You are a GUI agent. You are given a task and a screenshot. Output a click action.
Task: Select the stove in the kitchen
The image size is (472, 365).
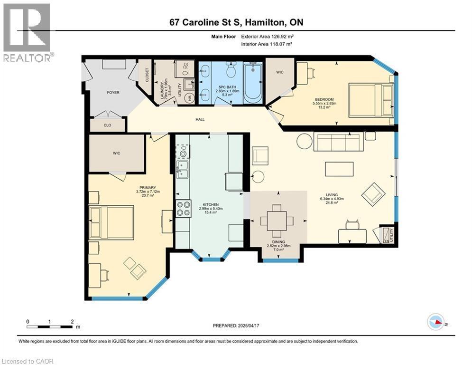pos(183,208)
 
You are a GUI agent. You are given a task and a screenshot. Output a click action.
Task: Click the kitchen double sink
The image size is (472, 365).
pos(182,167)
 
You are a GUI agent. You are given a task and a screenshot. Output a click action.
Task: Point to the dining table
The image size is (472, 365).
pos(277,221)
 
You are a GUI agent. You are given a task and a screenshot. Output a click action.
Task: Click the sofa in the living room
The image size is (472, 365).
pos(338,142)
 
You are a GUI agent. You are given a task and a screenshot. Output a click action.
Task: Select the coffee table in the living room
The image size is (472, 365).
pos(339,169)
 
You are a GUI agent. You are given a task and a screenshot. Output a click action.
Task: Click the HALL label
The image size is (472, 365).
pos(200,119)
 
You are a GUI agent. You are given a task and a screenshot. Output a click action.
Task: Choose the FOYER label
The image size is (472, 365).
pos(113,93)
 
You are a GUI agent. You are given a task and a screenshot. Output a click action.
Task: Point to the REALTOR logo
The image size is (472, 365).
pos(27,32)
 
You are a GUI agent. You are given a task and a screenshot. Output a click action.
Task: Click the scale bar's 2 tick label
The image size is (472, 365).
pos(72,321)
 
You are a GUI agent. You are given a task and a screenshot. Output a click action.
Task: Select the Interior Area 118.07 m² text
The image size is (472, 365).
pos(266,44)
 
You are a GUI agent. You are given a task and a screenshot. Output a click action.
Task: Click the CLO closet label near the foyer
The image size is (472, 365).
pos(107,125)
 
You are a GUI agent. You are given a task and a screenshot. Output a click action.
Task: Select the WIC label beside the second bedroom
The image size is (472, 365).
pos(279,72)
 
